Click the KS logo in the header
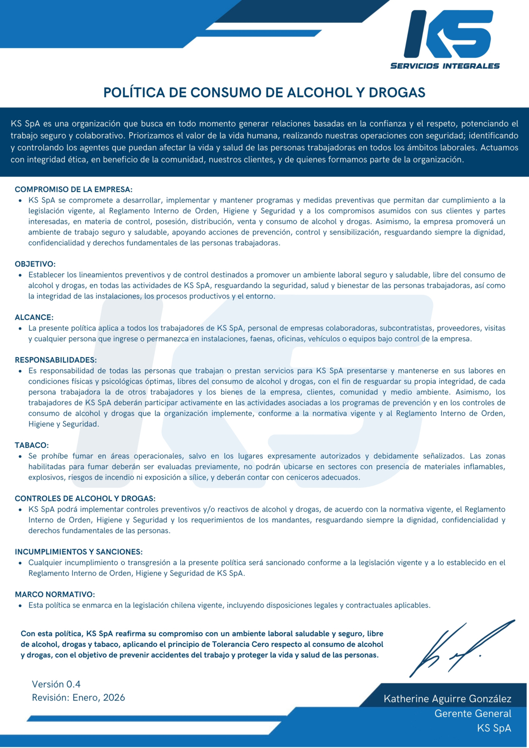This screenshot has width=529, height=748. pos(448,34)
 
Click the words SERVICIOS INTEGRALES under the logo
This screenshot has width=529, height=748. pos(445,66)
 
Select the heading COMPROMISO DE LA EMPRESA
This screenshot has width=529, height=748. pos(73,190)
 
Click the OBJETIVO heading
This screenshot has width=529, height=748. pos(35,264)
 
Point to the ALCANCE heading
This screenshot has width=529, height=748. pos(34,317)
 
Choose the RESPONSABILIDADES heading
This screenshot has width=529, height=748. pos(56,360)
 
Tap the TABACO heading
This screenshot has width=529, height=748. pos(32,445)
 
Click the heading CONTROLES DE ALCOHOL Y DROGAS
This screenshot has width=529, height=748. pos(85,498)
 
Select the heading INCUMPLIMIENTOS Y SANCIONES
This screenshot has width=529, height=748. pos(79,552)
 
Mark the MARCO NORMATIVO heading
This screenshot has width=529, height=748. pos(55,595)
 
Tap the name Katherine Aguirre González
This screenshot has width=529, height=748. pos(447,699)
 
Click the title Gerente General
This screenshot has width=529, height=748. pos(473,713)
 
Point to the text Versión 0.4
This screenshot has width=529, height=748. pos(56,684)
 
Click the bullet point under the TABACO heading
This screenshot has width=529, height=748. pos(20,457)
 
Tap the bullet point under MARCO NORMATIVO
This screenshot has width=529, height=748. pos(20,605)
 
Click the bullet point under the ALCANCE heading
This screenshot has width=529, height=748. pos(20,329)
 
